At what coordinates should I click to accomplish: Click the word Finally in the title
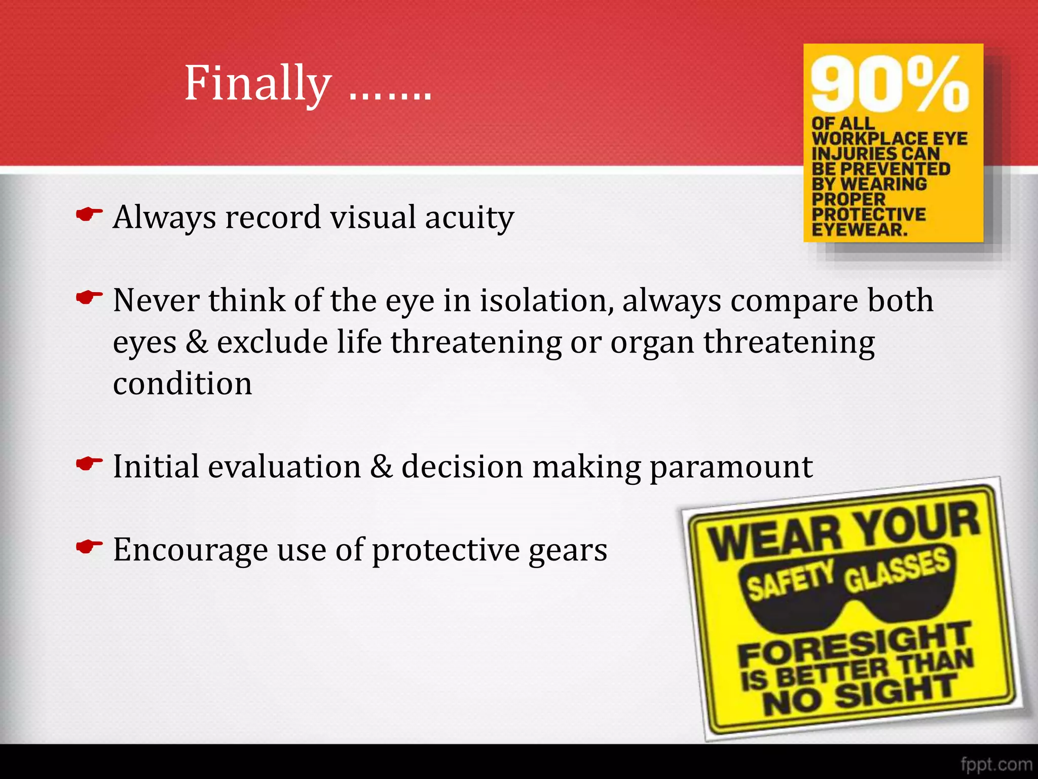[257, 84]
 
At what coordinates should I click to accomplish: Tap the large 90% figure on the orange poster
[889, 84]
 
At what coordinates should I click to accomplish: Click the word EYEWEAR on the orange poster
[860, 230]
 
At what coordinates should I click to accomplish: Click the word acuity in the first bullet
[469, 218]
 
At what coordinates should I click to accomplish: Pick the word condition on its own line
[182, 383]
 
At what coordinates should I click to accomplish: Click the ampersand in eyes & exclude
[197, 342]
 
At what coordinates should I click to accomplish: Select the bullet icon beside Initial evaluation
[89, 464]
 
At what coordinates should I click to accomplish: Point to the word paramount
[731, 467]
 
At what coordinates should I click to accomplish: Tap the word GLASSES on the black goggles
[897, 570]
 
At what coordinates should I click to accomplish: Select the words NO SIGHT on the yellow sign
[860, 695]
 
